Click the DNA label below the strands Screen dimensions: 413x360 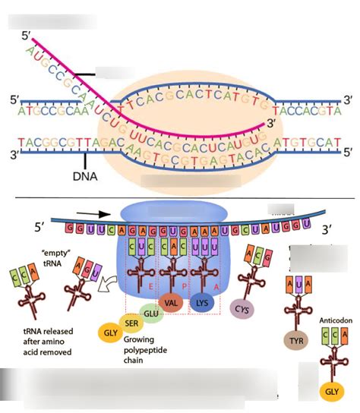85,177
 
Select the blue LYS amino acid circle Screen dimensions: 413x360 203,301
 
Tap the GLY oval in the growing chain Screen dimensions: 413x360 110,332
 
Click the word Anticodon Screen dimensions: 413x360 332,322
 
